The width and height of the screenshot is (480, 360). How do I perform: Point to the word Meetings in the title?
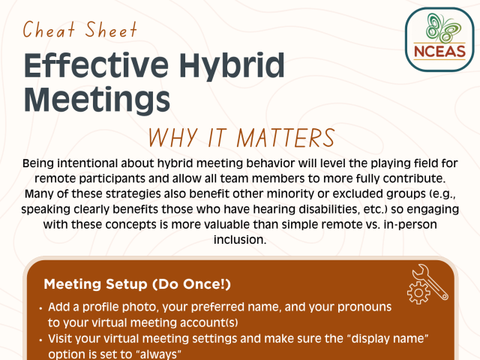[95, 99]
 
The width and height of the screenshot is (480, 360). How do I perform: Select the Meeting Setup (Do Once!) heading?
[137, 284]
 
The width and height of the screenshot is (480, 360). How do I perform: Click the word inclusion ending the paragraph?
[239, 241]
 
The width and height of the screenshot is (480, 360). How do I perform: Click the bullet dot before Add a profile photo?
[39, 307]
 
